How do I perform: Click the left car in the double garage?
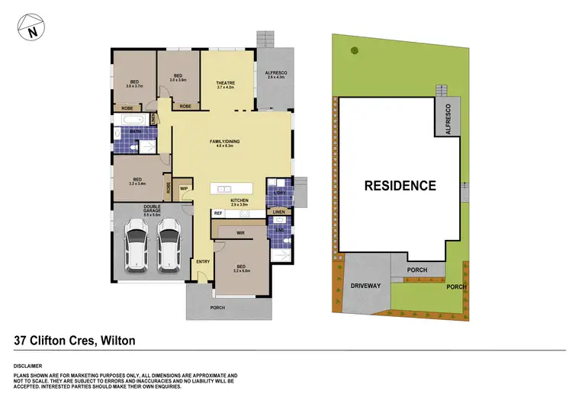[138, 246]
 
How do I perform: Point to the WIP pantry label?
[184, 188]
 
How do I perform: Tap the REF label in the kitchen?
[217, 213]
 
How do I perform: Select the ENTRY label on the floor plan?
[203, 262]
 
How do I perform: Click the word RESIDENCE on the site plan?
[400, 185]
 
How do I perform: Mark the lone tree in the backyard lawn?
[354, 51]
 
